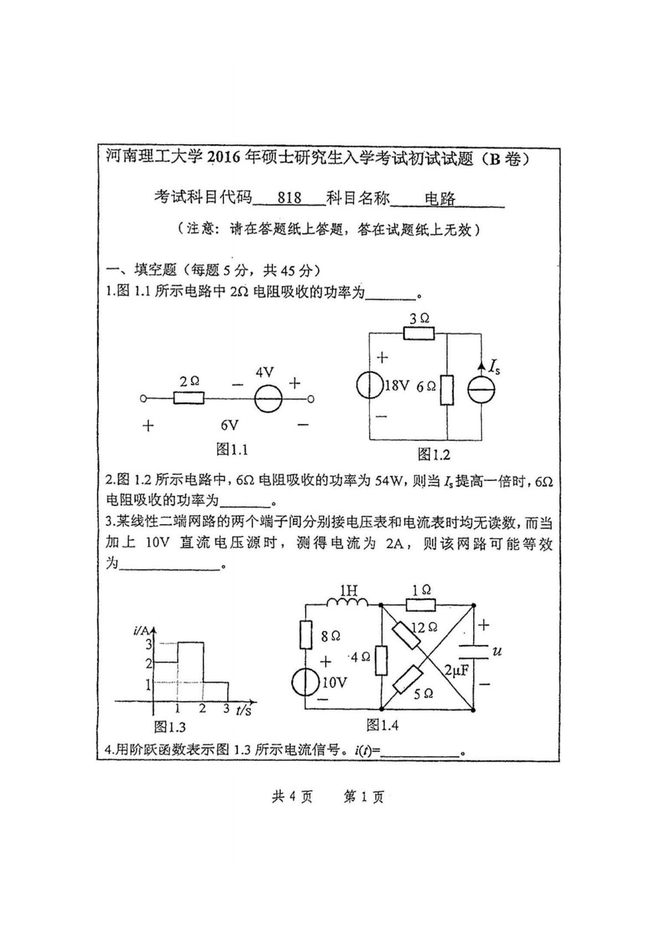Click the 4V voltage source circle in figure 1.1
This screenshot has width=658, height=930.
tap(268, 398)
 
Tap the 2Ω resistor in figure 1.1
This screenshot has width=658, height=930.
tap(189, 398)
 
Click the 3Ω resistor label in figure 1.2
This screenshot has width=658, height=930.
tap(419, 318)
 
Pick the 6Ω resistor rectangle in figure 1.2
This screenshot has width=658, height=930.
tap(447, 390)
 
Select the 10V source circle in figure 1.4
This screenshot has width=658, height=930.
tap(305, 682)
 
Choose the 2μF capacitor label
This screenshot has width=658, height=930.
tap(457, 670)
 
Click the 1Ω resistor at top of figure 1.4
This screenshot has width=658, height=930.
tap(421, 605)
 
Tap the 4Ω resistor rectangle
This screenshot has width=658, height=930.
tap(381, 660)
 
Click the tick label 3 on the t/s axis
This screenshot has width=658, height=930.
tap(226, 708)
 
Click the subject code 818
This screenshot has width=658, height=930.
tap(289, 197)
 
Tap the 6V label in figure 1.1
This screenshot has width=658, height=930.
tap(229, 424)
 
